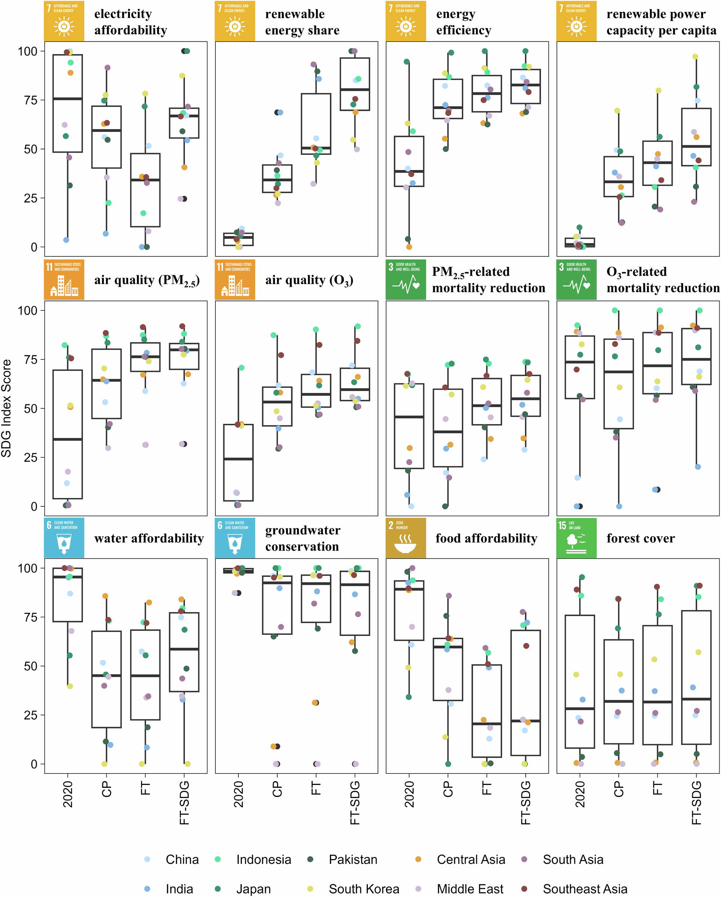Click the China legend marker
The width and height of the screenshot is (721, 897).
147,859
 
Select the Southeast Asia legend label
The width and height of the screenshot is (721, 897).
585,889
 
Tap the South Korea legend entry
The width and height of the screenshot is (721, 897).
364,889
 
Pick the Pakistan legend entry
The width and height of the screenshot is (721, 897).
353,859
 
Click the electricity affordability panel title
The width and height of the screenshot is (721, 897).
131,22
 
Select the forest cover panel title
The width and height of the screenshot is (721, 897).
640,538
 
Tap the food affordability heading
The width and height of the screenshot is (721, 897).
486,538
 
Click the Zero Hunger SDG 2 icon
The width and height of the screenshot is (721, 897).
405,538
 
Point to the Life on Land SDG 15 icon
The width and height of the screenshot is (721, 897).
576,538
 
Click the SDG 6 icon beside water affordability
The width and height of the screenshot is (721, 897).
64,538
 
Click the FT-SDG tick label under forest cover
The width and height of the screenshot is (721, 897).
696,803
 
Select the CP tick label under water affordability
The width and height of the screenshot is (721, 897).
107,789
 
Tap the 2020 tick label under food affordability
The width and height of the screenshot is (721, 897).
409,794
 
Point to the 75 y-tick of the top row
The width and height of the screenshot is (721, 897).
28,100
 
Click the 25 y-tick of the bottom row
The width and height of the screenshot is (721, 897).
28,715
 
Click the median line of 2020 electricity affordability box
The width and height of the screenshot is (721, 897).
67,99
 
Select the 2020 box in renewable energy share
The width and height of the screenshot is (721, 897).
238,239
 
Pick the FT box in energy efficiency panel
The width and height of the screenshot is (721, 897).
487,94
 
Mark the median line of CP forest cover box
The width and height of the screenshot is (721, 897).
619,701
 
